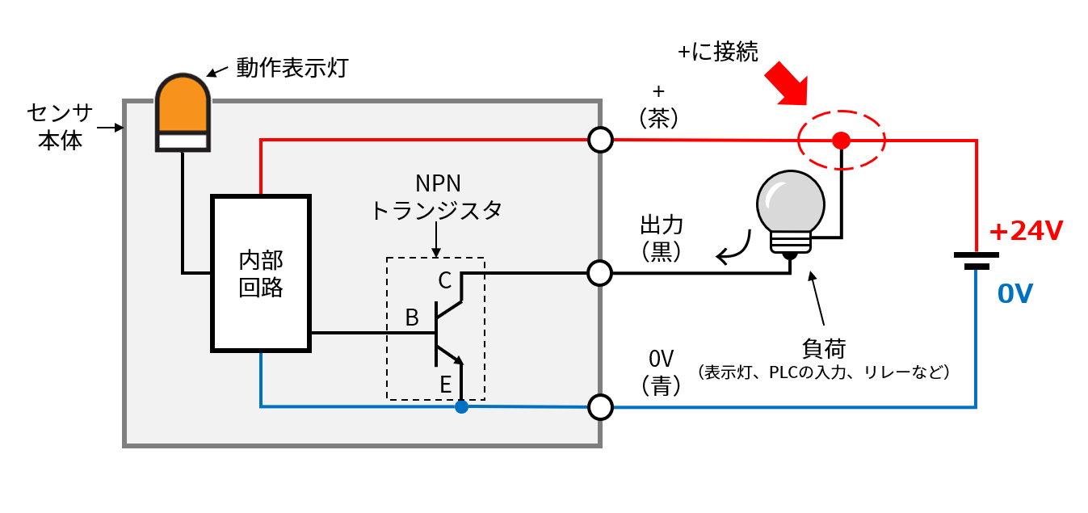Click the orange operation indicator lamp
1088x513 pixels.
[x=183, y=113]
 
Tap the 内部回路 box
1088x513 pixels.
[x=261, y=274]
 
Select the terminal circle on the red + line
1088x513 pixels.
[x=600, y=140]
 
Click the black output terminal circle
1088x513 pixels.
[x=600, y=273]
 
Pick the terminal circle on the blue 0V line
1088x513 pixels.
[x=600, y=407]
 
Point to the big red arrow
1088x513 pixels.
[x=788, y=83]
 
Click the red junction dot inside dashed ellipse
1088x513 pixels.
[x=842, y=141]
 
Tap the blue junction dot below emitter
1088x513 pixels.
[x=461, y=406]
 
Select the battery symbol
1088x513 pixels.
[x=977, y=261]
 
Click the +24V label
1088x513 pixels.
[x=1027, y=231]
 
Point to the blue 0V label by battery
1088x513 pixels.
[x=1015, y=294]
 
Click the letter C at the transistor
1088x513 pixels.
[x=445, y=280]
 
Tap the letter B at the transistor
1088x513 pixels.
[x=412, y=317]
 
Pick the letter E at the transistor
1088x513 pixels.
[x=445, y=385]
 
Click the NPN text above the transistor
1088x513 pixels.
[x=438, y=183]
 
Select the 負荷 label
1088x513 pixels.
[x=824, y=348]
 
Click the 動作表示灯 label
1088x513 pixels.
[x=292, y=68]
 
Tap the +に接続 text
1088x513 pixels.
[x=718, y=52]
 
